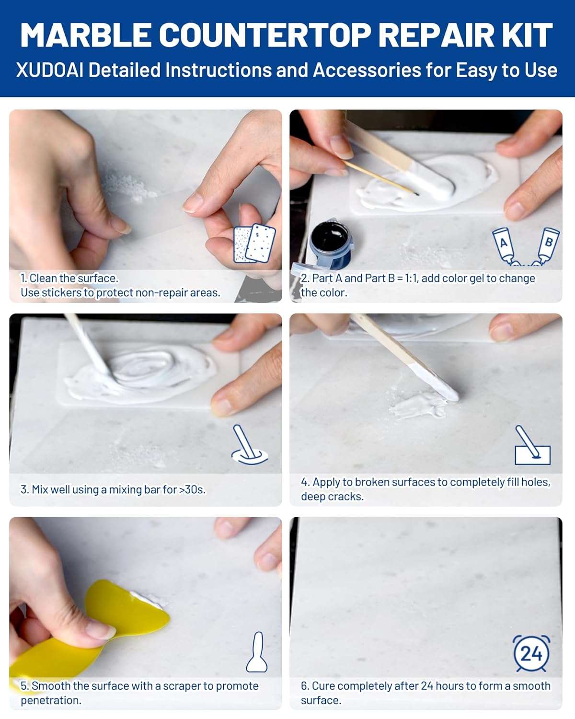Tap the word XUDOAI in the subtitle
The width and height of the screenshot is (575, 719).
(x=49, y=70)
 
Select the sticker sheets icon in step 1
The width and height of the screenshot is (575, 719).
(x=254, y=244)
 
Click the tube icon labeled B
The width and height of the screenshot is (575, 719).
(x=546, y=244)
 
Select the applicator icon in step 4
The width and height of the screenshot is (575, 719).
(x=532, y=446)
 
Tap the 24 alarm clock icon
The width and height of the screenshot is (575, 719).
(x=531, y=653)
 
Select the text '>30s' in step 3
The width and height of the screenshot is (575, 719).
(x=192, y=489)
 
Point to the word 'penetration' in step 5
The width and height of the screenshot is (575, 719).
(x=50, y=700)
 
